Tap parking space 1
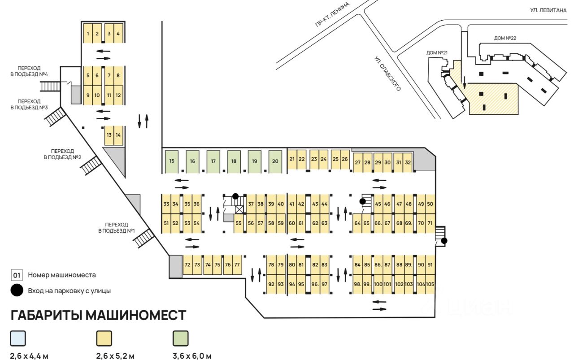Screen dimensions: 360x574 88,34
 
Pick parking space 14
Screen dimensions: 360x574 118,135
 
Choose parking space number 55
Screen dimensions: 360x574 239,223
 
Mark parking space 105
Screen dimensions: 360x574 430,284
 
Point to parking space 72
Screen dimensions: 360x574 187,265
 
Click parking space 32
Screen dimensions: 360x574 408,162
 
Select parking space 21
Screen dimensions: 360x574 292,159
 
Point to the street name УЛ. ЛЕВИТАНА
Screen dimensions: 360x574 548,9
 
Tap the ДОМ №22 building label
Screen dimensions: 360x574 505,38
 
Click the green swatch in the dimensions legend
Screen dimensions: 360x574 181,338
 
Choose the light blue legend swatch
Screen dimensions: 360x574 18,338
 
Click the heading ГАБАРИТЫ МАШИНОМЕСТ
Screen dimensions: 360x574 98,315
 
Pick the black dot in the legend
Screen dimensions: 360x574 17,291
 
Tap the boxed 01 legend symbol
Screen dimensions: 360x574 17,275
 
